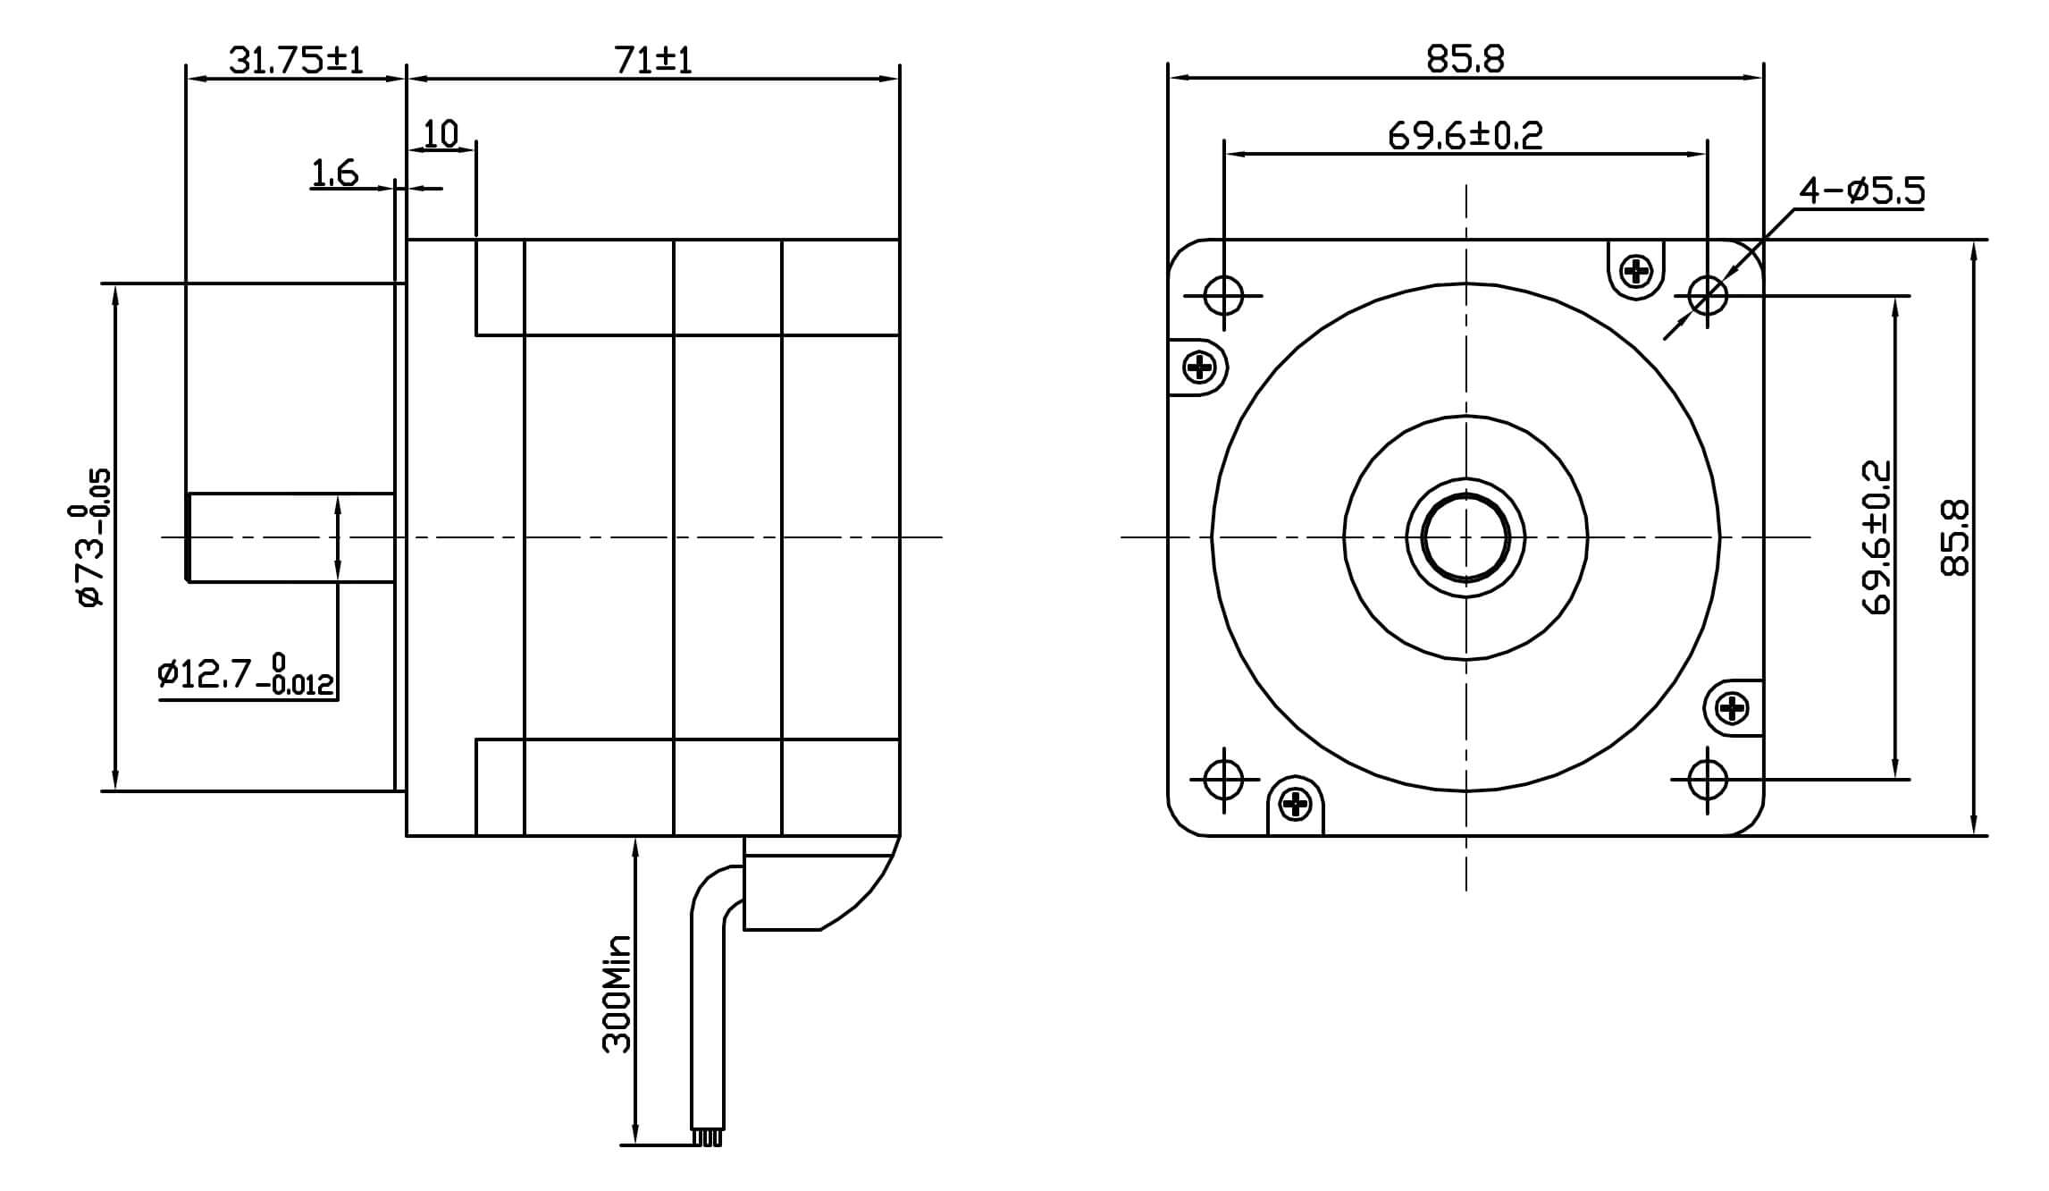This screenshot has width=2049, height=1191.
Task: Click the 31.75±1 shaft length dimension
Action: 296,60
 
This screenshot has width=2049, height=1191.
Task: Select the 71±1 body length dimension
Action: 653,60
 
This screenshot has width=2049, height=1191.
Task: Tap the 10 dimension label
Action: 440,134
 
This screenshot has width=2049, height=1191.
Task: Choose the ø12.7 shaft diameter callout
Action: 245,674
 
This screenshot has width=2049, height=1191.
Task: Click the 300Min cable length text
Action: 617,992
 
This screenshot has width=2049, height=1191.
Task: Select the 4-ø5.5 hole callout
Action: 1861,191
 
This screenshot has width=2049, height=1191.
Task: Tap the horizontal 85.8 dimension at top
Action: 1465,59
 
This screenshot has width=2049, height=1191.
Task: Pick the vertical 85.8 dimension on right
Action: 1955,537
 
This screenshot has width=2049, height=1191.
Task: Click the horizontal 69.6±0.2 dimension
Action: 1465,136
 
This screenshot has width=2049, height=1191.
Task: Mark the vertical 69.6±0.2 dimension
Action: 1877,537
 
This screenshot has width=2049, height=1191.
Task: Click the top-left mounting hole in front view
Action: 1223,295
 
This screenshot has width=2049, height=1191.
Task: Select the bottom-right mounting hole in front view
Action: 1708,779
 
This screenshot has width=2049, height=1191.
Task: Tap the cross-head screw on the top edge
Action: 1637,270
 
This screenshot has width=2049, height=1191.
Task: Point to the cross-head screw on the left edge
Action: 1198,367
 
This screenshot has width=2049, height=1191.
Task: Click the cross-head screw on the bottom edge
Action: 1295,805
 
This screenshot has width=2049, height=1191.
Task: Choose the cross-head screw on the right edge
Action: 1733,709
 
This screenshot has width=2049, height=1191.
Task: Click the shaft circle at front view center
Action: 1465,537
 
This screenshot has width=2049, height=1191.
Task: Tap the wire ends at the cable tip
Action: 707,1138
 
